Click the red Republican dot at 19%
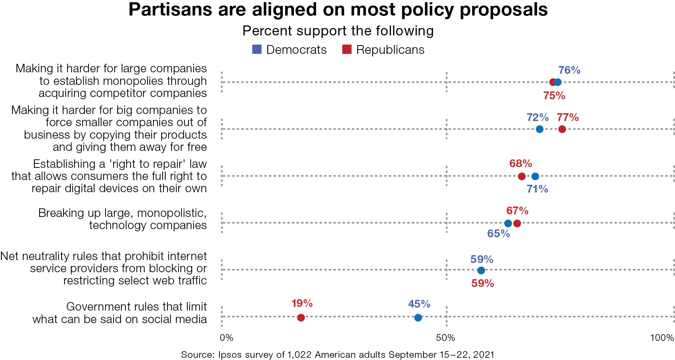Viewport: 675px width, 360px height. click(301, 318)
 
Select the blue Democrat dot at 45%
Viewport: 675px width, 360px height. click(418, 318)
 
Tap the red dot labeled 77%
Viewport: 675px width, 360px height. click(562, 129)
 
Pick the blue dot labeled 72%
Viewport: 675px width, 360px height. click(539, 129)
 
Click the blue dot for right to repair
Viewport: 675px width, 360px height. click(535, 176)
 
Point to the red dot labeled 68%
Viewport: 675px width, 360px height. click(522, 176)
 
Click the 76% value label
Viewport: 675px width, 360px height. click(569, 70)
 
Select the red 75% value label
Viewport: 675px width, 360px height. click(554, 96)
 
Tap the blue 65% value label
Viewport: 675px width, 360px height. click(498, 233)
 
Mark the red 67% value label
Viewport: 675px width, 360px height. click(517, 211)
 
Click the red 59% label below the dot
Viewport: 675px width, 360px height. click(482, 283)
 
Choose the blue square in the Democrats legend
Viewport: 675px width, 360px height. click(257, 49)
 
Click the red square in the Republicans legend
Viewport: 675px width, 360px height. click(347, 49)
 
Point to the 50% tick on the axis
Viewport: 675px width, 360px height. click(446, 337)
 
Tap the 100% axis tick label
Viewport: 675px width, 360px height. click(662, 337)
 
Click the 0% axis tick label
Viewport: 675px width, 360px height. click(226, 337)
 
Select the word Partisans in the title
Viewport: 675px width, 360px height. click(170, 10)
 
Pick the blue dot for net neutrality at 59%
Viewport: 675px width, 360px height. click(481, 270)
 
